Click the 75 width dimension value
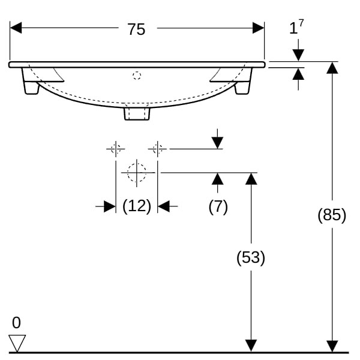(136, 29)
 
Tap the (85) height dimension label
(332, 215)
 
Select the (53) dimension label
(251, 257)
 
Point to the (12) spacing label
(137, 206)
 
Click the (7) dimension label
(218, 206)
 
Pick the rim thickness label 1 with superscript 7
(296, 27)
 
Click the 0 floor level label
(16, 323)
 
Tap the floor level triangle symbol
(17, 343)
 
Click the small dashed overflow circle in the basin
(137, 76)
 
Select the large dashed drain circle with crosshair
(137, 172)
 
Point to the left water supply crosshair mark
(116, 149)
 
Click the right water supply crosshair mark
(157, 149)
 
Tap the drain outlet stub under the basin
(137, 113)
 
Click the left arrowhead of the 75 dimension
(16, 28)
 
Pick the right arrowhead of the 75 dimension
(258, 28)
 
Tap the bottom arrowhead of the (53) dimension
(251, 346)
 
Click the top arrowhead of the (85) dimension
(332, 68)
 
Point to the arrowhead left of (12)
(110, 206)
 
